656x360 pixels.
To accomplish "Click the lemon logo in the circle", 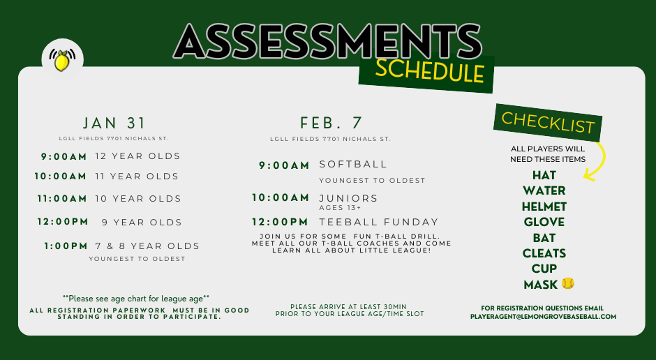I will [63, 60].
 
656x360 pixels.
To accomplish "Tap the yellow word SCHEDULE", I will [429, 70].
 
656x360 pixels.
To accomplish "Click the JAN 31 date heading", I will [114, 123].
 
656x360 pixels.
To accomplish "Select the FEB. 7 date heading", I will [331, 123].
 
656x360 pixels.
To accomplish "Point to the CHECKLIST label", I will [548, 122].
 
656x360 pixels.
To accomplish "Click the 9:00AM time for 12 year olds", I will [64, 156].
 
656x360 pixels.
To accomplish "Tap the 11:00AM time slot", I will [62, 199].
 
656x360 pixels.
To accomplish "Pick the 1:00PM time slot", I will [66, 246].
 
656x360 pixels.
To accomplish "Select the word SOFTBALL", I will [353, 165].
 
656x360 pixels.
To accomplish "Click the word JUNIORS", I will [348, 198].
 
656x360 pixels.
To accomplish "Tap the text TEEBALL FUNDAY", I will [379, 222].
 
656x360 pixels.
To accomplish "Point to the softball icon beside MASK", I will [567, 283].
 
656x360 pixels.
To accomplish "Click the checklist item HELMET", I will [544, 207].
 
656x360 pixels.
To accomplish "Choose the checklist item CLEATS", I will [544, 253].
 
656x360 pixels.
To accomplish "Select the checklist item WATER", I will [544, 190].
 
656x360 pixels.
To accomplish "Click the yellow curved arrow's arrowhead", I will [588, 175].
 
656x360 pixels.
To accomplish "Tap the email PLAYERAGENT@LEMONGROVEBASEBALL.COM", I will [543, 317].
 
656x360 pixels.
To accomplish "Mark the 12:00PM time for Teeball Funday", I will [281, 222].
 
